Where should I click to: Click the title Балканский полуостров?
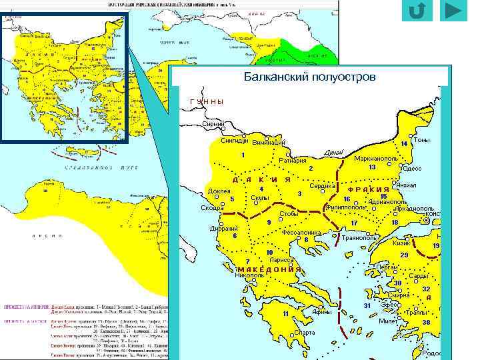pos(309,77)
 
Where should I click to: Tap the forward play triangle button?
pos(453,11)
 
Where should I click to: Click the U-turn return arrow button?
pos(417,11)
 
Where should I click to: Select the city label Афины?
pos(322,312)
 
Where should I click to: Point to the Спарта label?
pos(305,332)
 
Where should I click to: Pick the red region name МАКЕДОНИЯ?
pos(269,269)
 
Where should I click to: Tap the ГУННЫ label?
pos(206,101)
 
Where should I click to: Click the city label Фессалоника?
pos(302,233)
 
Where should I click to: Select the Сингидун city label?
pos(235,141)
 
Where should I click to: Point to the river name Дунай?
pos(333,153)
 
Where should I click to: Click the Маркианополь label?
pos(376,159)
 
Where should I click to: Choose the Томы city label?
pos(421,140)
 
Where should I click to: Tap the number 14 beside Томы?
pos(404,144)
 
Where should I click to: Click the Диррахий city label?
pos(224,228)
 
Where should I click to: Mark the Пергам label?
pos(387,266)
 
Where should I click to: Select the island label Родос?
pos(431,353)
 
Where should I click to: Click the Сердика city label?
pos(322,186)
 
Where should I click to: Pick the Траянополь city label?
pos(360,237)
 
